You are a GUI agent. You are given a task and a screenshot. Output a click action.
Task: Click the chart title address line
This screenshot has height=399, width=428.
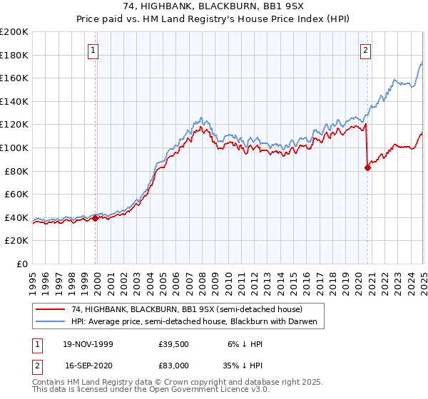pos(213,7)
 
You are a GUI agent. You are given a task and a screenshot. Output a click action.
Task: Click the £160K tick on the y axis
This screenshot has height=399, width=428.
pos(14,78)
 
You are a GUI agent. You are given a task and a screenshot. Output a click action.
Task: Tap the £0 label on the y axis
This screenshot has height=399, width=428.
pos(23,264)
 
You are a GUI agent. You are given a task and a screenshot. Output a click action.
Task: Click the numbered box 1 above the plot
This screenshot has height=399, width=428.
pos(94,50)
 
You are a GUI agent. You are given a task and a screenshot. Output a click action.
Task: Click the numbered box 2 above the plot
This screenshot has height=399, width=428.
pos(365,50)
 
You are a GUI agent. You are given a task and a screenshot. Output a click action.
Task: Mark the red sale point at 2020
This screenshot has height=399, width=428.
pos(368,168)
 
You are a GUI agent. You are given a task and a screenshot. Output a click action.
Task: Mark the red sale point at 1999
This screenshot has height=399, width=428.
pos(96,219)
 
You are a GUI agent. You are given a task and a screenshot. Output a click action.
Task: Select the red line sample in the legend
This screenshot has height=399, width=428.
pos(51,309)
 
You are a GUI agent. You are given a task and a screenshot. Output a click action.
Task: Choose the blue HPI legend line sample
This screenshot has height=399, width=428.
pos(51,322)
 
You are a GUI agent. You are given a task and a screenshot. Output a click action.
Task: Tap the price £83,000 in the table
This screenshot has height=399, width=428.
pos(173,365)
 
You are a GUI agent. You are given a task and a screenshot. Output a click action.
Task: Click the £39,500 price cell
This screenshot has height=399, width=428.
pos(173,344)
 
